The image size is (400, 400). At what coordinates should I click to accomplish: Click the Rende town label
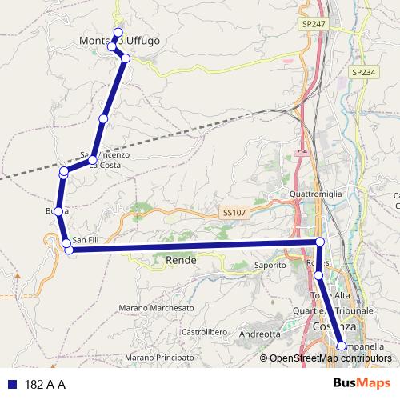[x=181, y=260]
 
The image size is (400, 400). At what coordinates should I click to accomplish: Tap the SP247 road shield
[x=314, y=25]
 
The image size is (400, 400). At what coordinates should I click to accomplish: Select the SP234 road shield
[x=362, y=72]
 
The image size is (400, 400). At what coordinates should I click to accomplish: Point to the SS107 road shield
[x=232, y=213]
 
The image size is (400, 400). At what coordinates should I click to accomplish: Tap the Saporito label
[x=270, y=265]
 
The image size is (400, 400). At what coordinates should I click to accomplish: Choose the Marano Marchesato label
[x=156, y=308]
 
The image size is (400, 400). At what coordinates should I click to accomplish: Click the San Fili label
[x=86, y=240]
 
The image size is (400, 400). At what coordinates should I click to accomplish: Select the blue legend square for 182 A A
[x=11, y=383]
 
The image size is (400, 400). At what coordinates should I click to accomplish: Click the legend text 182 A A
[x=45, y=383]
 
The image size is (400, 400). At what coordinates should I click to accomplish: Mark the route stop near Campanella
[x=342, y=346]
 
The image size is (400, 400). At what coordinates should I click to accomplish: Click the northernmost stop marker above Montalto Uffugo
[x=118, y=32]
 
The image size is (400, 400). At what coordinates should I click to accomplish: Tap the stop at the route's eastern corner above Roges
[x=320, y=242]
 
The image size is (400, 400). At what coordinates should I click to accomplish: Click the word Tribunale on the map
[x=354, y=310]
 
